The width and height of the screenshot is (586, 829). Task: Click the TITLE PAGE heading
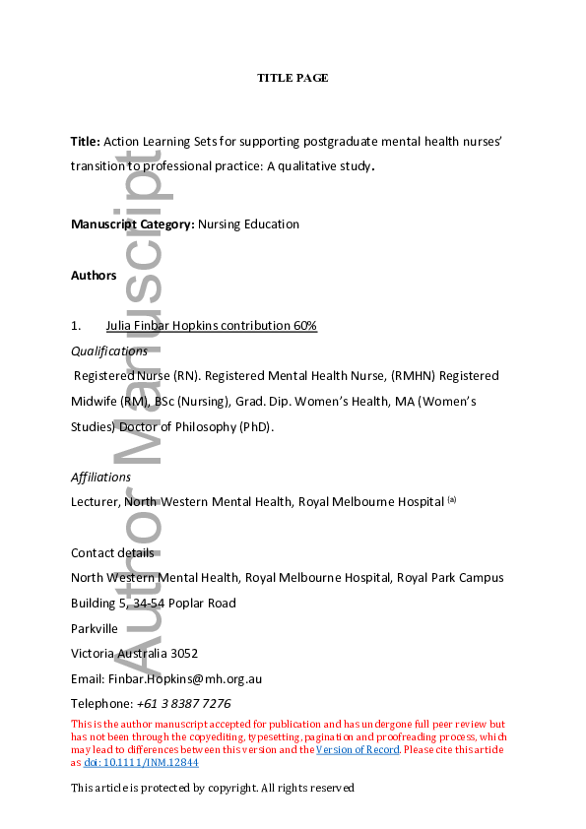point(293,78)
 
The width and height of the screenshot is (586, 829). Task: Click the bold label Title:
point(86,142)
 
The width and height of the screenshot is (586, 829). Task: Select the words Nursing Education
point(248,224)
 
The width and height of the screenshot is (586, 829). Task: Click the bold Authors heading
point(94,276)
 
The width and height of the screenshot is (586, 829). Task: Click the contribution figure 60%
point(302,326)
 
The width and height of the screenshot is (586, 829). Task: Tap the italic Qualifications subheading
point(109,351)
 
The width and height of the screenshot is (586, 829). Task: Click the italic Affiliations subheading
point(100,478)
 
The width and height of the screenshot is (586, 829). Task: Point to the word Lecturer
point(97,502)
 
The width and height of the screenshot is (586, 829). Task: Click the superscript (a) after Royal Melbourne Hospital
point(452,499)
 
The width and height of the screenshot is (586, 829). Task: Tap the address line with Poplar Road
point(153,604)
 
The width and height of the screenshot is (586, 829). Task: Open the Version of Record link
point(358,750)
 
